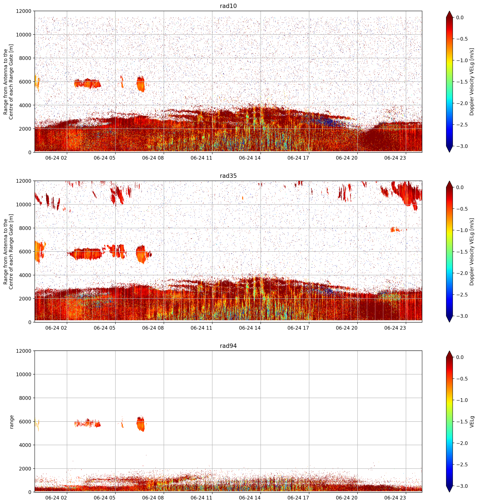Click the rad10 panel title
tap(228, 6)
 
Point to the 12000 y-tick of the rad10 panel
tap(24, 11)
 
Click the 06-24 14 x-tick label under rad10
tap(250, 158)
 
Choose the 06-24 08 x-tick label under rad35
tap(153, 328)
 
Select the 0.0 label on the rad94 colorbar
tap(460, 357)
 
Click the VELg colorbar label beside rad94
tap(472, 422)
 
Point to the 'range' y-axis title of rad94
tap(11, 422)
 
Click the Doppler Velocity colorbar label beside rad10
tap(472, 82)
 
